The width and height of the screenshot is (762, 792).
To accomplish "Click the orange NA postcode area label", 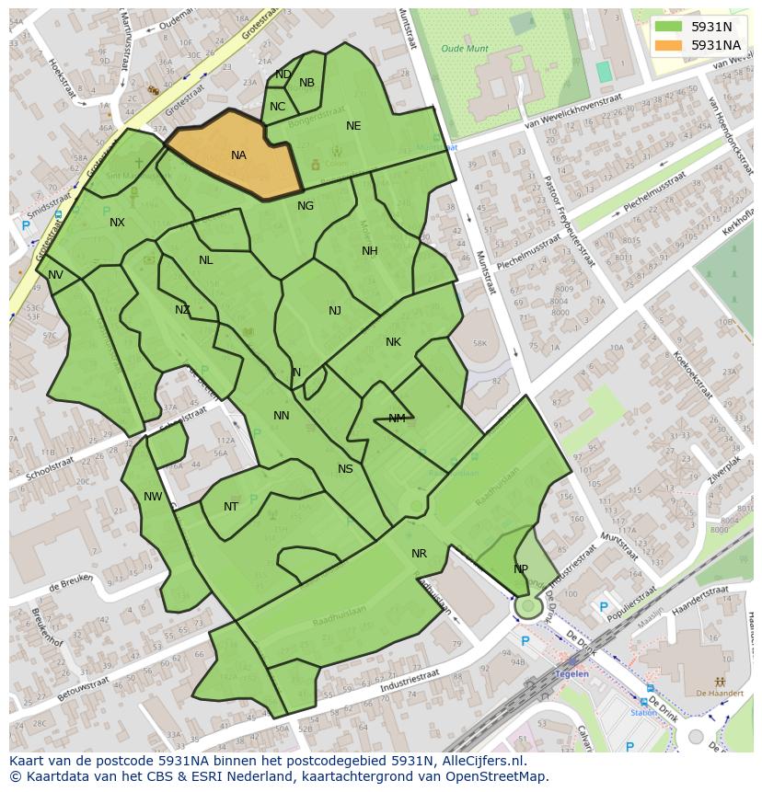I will point(238,155).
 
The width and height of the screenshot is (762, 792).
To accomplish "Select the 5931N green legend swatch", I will point(668,27).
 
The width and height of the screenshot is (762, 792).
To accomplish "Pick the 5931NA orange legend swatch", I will point(668,45).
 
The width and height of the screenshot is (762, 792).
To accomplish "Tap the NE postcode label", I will point(353,126).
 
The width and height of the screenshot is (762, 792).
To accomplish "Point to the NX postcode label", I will point(117,223).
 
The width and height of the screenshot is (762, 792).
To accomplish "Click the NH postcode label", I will point(369,251).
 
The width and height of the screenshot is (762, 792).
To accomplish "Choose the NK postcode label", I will point(393,342).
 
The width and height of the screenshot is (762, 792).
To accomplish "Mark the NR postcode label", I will point(419,554).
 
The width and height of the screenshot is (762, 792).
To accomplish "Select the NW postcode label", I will point(153,497).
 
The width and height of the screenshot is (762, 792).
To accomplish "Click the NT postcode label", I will point(231,507).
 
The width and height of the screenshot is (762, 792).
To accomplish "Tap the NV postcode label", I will point(55,275).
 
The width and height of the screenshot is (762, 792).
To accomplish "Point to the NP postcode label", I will point(521,569).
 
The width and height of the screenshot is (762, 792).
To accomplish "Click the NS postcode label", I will point(345,469).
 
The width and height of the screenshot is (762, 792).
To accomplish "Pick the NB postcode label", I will point(306,83).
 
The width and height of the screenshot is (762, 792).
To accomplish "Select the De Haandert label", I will point(713,693).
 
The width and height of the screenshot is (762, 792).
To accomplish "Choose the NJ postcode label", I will point(335,311).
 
